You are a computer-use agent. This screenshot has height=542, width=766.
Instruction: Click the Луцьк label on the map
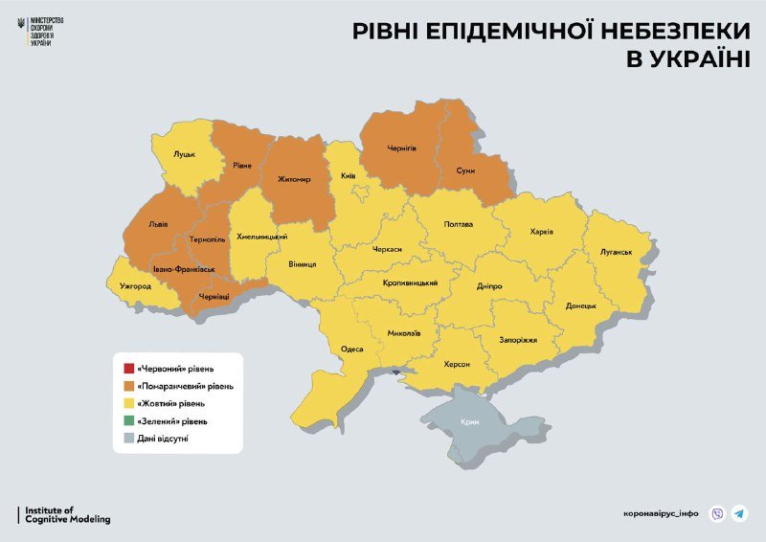[184, 153]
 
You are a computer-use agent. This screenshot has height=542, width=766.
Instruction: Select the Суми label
[465, 170]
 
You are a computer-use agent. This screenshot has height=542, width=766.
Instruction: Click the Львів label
[158, 225]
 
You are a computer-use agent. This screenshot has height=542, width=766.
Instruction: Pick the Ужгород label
[135, 285]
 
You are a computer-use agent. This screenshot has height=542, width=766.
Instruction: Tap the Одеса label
[352, 349]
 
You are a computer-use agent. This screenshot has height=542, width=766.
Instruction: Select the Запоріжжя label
[518, 340]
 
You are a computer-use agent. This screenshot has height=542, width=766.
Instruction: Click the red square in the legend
[128, 369]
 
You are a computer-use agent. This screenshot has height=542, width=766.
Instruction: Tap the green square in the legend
[128, 420]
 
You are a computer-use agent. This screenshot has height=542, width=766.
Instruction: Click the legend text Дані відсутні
[169, 438]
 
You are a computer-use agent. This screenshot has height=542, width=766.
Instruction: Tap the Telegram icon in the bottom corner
[739, 513]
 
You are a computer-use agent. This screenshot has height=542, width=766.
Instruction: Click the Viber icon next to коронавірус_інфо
[717, 513]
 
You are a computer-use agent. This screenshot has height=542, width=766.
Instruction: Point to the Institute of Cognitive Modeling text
[66, 515]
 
